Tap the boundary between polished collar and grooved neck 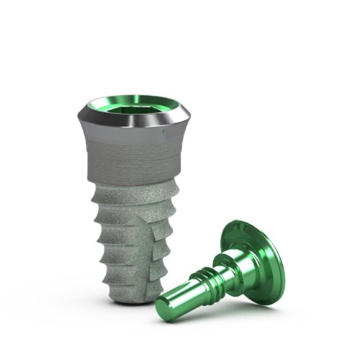click(x=133, y=142)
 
